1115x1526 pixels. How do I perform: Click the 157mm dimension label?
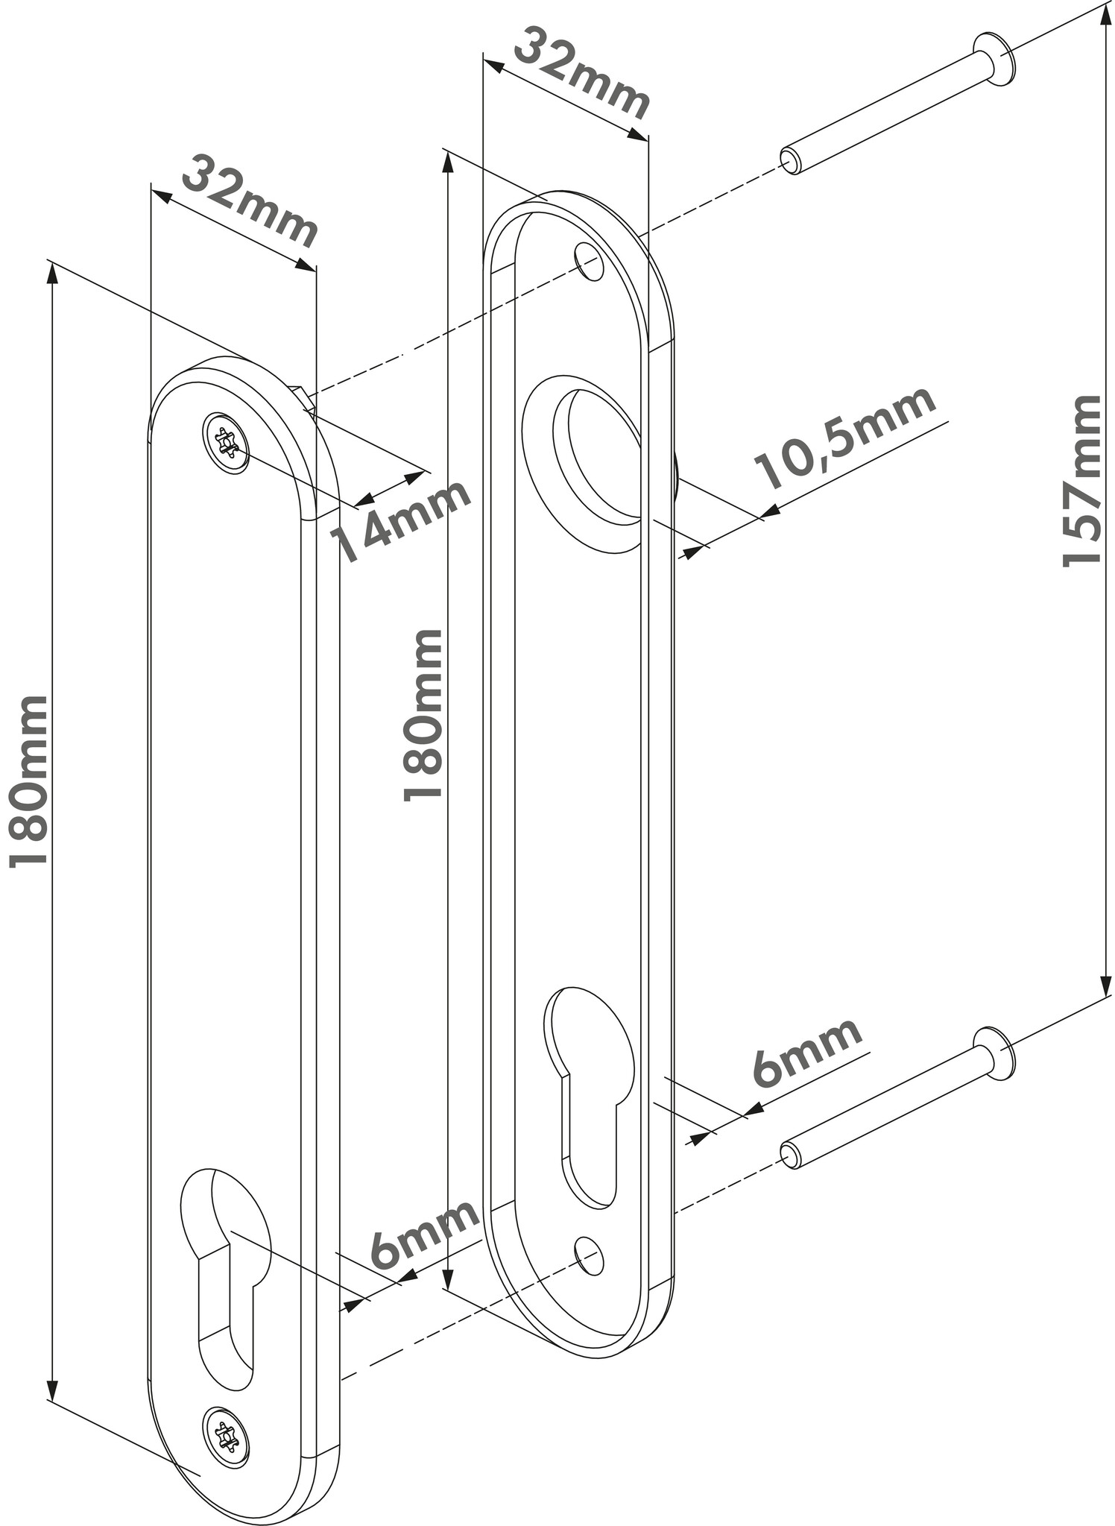point(1082,481)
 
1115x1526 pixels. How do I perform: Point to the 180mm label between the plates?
point(423,714)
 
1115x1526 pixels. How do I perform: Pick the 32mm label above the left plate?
point(250,201)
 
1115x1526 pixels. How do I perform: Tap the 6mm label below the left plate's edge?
point(423,1233)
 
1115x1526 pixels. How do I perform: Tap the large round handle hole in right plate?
point(596,455)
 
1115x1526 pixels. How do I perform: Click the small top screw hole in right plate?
point(589,261)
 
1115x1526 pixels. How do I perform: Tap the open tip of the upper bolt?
point(790,160)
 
